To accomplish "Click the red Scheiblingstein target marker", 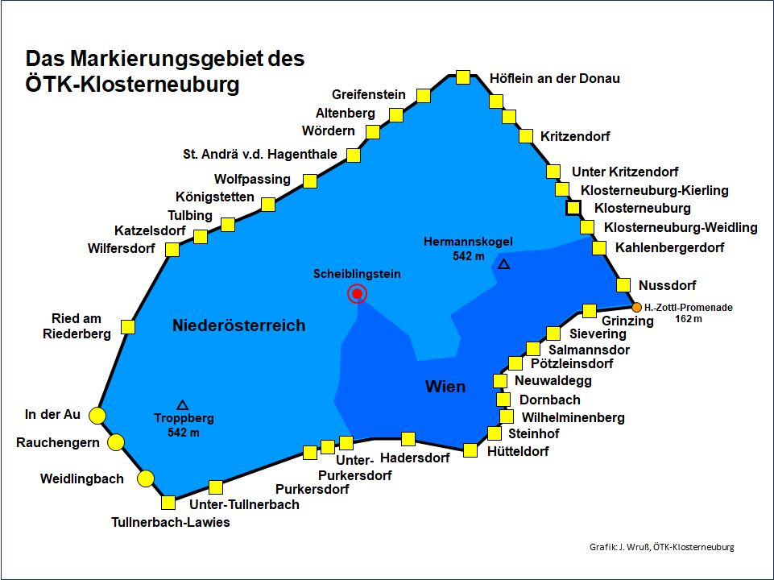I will pyautogui.click(x=357, y=294).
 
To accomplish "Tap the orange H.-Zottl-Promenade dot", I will pyautogui.click(x=636, y=307).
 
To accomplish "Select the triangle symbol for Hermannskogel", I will pyautogui.click(x=503, y=264).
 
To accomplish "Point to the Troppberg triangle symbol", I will pyautogui.click(x=183, y=404).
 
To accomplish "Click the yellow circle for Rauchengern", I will pyautogui.click(x=116, y=442).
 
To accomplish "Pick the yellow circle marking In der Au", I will pyautogui.click(x=97, y=416).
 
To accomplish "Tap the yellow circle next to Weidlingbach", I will pyautogui.click(x=146, y=479).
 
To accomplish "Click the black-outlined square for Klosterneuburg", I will pyautogui.click(x=573, y=208).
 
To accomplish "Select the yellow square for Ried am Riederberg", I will pyautogui.click(x=127, y=327).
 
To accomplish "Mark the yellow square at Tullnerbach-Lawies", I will pyautogui.click(x=168, y=503).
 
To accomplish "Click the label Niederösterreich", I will pyautogui.click(x=238, y=325).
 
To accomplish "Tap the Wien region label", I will pyautogui.click(x=445, y=387).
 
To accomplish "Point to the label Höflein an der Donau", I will pyautogui.click(x=555, y=78).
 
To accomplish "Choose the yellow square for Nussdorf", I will pyautogui.click(x=623, y=284).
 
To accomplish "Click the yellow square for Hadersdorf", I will pyautogui.click(x=408, y=439).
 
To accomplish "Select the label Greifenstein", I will pyautogui.click(x=368, y=94).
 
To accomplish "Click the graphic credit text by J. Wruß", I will pyautogui.click(x=662, y=548).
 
